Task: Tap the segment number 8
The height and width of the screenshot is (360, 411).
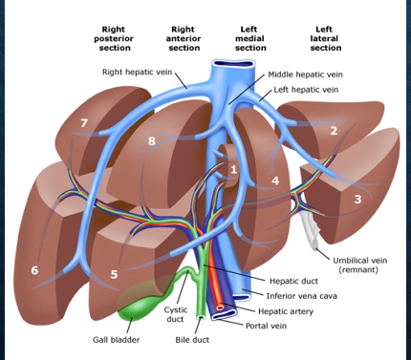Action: (x=151, y=141)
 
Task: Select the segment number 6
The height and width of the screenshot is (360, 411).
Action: (x=34, y=270)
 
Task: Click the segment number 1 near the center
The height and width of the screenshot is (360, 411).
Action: (x=232, y=169)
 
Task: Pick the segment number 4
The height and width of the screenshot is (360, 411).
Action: (x=274, y=180)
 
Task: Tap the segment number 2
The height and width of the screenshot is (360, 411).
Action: (x=334, y=130)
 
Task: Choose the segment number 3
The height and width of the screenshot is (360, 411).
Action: (x=357, y=199)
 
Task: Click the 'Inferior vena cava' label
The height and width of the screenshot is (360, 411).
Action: (x=303, y=297)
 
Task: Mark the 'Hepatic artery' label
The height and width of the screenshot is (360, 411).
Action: (x=291, y=311)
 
